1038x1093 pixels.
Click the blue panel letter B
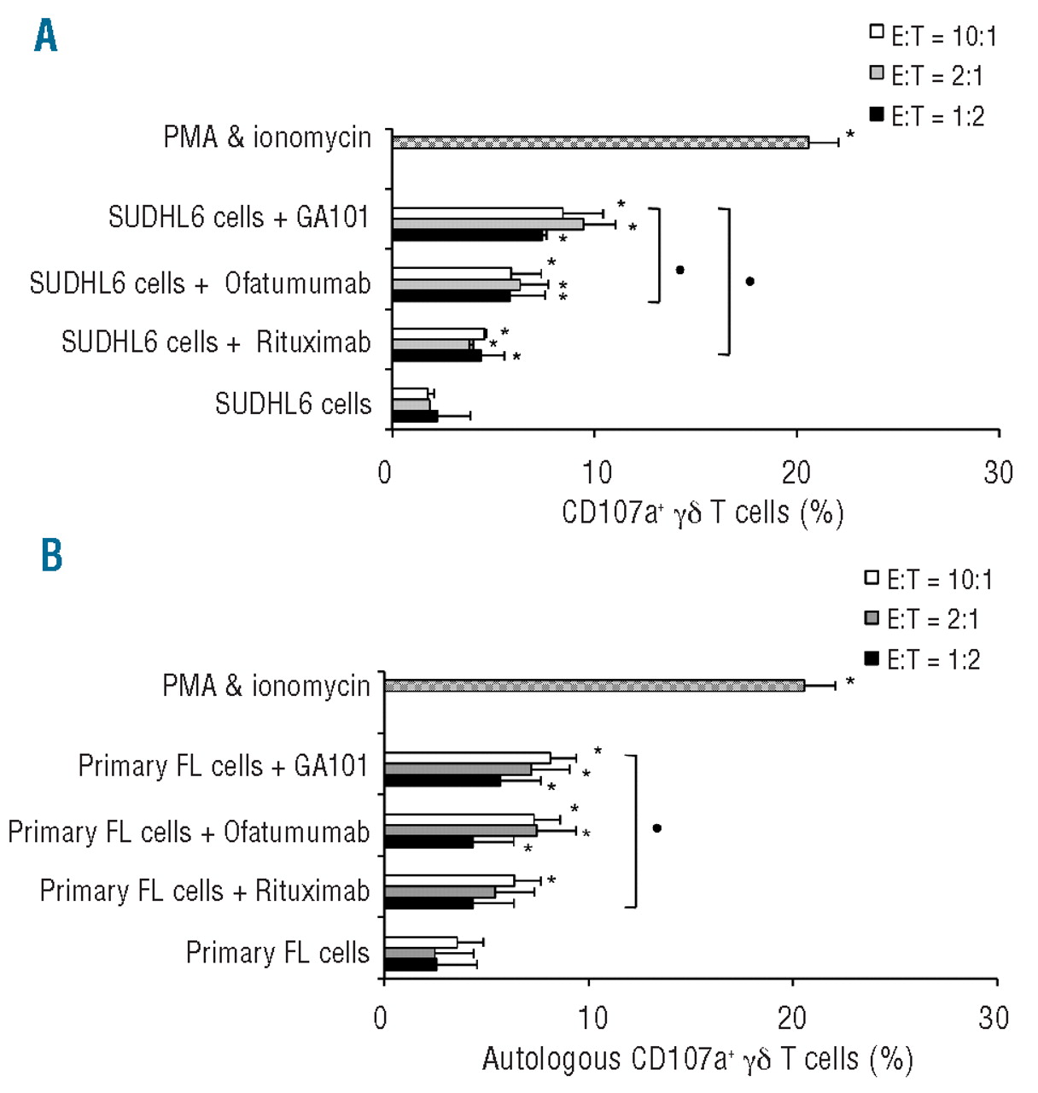[51, 555]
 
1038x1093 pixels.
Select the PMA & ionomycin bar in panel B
[594, 685]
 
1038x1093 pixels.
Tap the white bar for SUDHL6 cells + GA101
[477, 213]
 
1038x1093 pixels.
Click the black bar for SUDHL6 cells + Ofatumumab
[451, 296]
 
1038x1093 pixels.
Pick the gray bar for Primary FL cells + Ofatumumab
[461, 830]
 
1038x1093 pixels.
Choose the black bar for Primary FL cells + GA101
[442, 780]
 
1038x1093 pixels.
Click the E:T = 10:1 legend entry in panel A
[932, 36]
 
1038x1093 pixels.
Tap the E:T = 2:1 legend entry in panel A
[926, 76]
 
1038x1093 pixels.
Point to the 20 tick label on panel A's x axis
[796, 472]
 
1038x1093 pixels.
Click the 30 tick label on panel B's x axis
[994, 1018]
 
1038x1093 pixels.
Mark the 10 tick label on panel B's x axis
[592, 1018]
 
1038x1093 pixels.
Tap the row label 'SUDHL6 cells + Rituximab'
[216, 342]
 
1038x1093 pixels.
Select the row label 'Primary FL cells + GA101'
[223, 766]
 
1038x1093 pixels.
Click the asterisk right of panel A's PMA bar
[850, 135]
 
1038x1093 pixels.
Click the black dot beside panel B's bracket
[656, 828]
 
